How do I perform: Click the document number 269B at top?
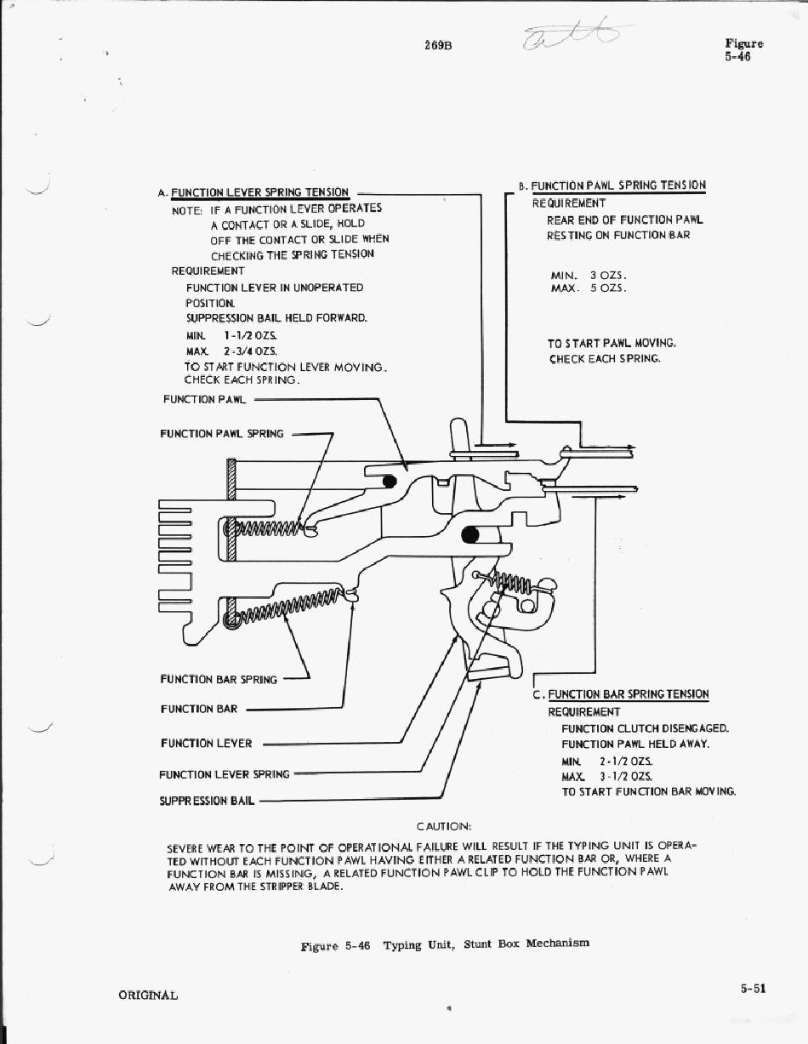(437, 45)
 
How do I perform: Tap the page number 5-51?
(754, 988)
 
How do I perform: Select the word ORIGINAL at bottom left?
(148, 996)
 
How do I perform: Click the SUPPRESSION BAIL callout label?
(207, 801)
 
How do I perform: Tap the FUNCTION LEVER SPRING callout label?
(224, 774)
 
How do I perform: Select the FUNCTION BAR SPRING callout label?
(219, 679)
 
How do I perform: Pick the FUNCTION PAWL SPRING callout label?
(222, 434)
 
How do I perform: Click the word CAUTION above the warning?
(444, 826)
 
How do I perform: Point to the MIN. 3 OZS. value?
(589, 275)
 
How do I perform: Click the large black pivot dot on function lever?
(470, 534)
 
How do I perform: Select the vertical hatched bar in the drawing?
(230, 511)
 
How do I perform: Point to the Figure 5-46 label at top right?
(743, 50)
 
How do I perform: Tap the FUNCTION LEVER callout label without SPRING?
(206, 744)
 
